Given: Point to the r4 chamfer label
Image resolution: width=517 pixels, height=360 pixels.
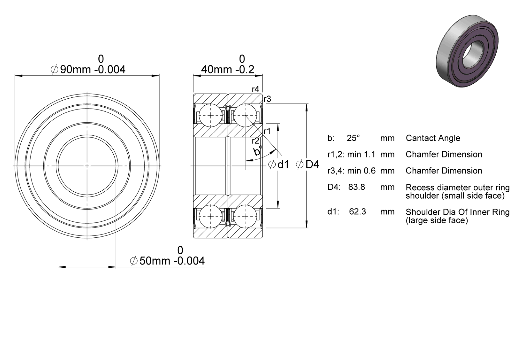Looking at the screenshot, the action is pyautogui.click(x=256, y=89).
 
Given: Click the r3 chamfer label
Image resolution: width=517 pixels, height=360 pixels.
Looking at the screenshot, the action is pyautogui.click(x=267, y=99).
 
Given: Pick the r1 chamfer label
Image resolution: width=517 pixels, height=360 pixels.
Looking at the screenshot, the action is pyautogui.click(x=267, y=131).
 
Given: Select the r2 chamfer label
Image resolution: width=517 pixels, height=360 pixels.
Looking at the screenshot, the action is pyautogui.click(x=256, y=141).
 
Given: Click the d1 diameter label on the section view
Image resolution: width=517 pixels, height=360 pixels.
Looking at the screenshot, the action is pyautogui.click(x=279, y=164).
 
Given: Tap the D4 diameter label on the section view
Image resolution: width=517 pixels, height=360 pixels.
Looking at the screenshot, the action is pyautogui.click(x=308, y=164).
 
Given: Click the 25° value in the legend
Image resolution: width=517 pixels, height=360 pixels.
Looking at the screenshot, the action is pyautogui.click(x=353, y=138).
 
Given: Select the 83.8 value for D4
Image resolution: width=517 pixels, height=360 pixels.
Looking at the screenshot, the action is pyautogui.click(x=357, y=187).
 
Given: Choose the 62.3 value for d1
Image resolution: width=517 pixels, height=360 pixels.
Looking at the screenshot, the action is pyautogui.click(x=358, y=211).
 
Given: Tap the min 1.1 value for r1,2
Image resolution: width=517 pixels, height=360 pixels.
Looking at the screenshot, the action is pyautogui.click(x=361, y=154).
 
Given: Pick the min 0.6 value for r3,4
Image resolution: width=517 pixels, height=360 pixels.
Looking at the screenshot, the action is pyautogui.click(x=361, y=171).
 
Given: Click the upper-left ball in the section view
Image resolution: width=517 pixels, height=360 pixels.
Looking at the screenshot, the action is pyautogui.click(x=210, y=115).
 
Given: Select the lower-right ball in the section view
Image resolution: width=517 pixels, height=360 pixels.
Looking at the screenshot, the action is pyautogui.click(x=245, y=216).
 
